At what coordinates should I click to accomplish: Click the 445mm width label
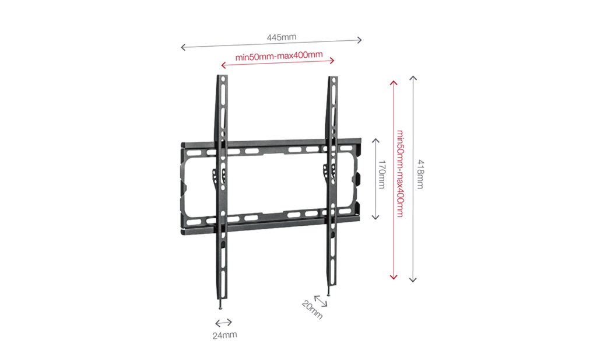click(282, 37)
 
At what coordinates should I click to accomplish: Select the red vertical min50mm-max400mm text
click(400, 174)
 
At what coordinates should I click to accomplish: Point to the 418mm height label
click(420, 174)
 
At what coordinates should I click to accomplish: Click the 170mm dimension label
click(381, 174)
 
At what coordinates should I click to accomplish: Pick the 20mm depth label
click(312, 310)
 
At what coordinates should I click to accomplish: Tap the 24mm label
click(224, 335)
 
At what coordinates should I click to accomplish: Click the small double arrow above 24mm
click(223, 323)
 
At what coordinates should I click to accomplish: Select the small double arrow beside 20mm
click(321, 300)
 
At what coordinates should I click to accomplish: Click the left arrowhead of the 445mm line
click(182, 47)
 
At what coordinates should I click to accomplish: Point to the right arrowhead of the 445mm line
click(360, 40)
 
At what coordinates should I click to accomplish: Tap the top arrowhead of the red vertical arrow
click(394, 83)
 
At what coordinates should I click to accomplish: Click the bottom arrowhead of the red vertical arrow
click(394, 277)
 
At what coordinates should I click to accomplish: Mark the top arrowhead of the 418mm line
click(413, 78)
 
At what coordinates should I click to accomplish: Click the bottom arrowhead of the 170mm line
click(375, 218)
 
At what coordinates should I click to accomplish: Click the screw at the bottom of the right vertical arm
click(329, 291)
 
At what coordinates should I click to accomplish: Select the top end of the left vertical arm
click(222, 75)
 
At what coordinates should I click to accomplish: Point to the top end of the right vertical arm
click(333, 77)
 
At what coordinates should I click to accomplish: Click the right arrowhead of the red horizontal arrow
click(332, 60)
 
